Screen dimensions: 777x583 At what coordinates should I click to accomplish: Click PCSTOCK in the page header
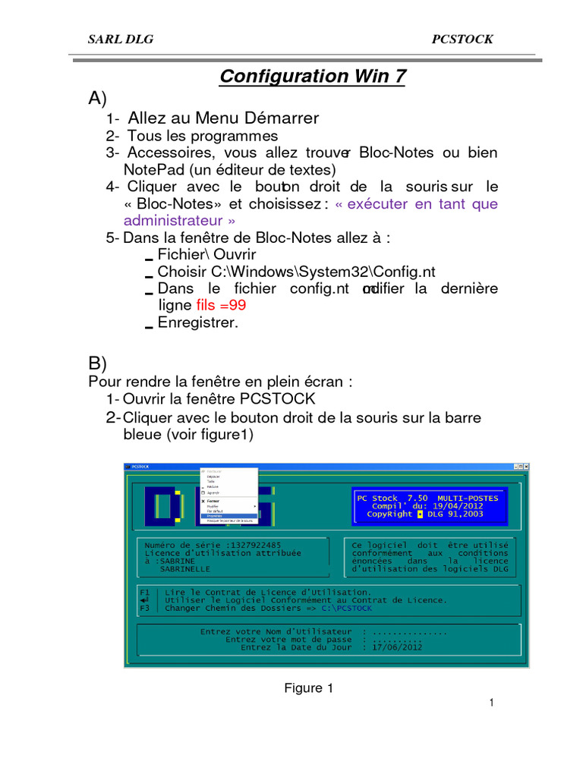pyautogui.click(x=462, y=39)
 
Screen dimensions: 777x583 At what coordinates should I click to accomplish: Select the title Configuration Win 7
pyautogui.click(x=312, y=76)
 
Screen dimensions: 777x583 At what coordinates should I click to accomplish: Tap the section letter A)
pyautogui.click(x=98, y=99)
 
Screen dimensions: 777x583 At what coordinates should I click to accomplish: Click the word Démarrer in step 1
pyautogui.click(x=280, y=118)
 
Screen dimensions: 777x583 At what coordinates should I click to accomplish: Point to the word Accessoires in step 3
pyautogui.click(x=169, y=153)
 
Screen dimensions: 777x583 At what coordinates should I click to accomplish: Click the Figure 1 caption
pyautogui.click(x=308, y=688)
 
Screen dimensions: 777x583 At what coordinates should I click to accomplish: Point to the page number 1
pyautogui.click(x=492, y=703)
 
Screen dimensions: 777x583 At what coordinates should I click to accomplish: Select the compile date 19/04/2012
pyautogui.click(x=453, y=505)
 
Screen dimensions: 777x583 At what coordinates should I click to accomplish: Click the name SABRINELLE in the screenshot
pyautogui.click(x=185, y=568)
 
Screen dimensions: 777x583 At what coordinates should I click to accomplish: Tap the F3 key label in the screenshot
pyautogui.click(x=145, y=608)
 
